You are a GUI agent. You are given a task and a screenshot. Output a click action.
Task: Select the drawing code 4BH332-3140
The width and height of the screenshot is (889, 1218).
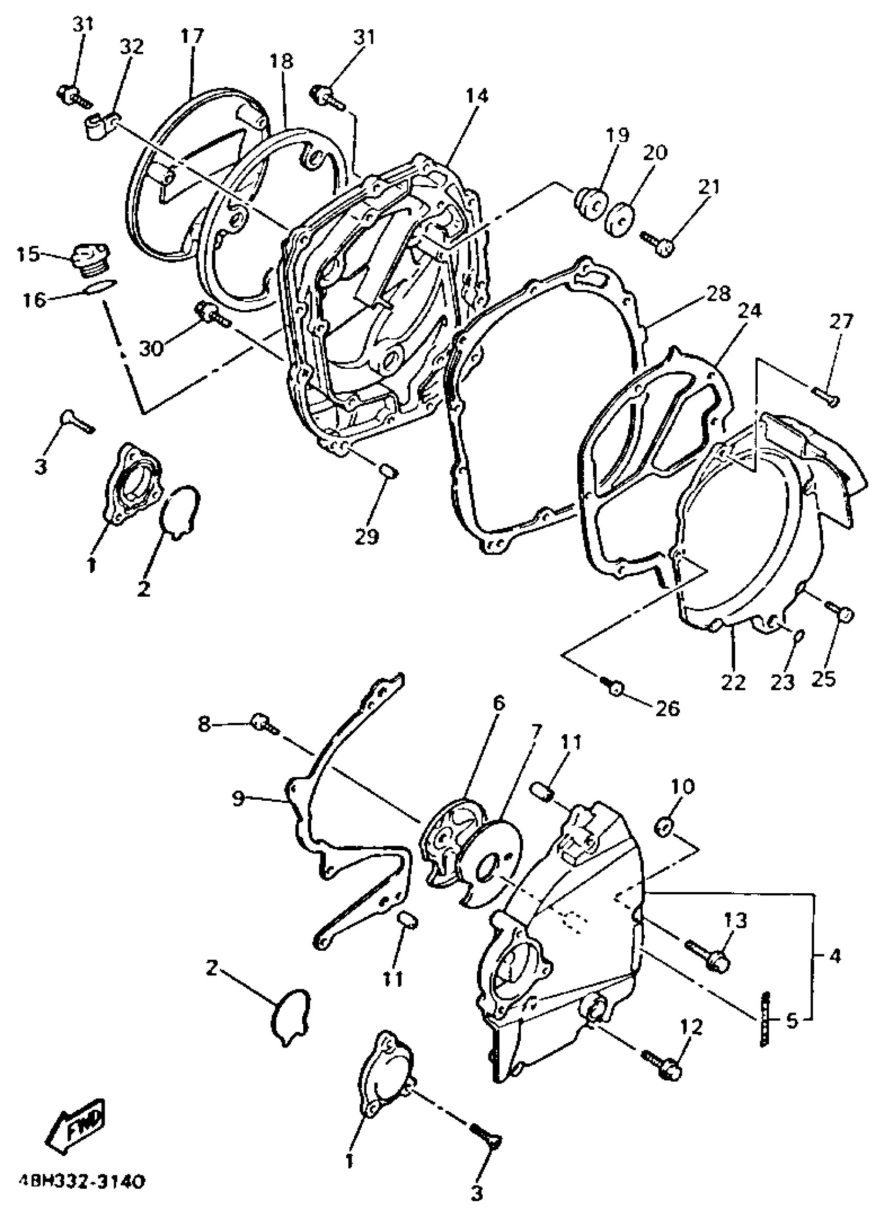pos(81,1182)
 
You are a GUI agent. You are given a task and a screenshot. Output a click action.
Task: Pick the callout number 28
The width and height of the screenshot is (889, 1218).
pos(719,294)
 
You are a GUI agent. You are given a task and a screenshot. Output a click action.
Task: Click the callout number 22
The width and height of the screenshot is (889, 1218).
pos(734,681)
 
